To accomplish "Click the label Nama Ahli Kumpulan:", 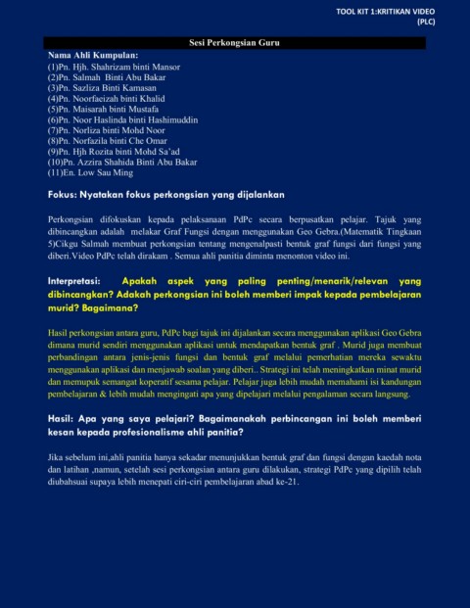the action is point(93,56).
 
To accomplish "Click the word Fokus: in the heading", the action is point(65,194).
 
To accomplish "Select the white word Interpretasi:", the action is point(80,281).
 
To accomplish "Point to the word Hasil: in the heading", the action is point(62,418).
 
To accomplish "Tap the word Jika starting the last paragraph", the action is point(55,457).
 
